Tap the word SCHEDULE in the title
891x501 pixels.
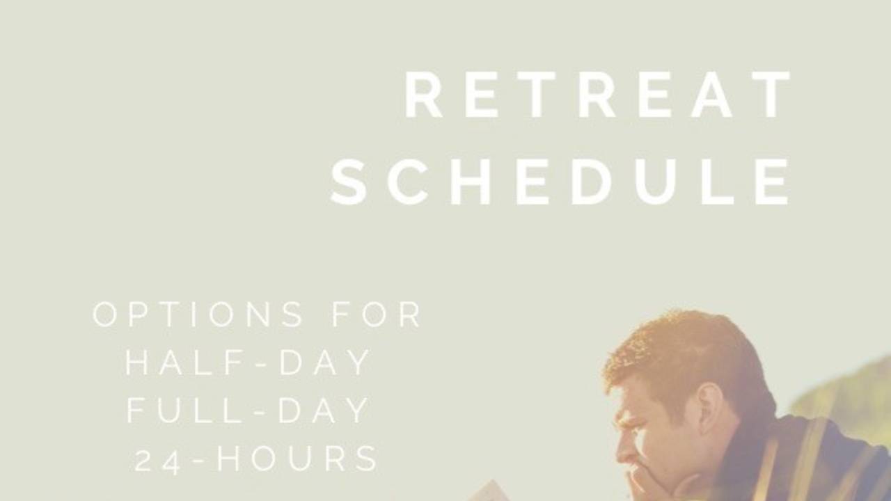(x=561, y=182)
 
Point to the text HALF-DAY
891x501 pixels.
(x=248, y=363)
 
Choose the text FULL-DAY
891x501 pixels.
(x=248, y=411)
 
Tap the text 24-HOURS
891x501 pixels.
(x=256, y=460)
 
